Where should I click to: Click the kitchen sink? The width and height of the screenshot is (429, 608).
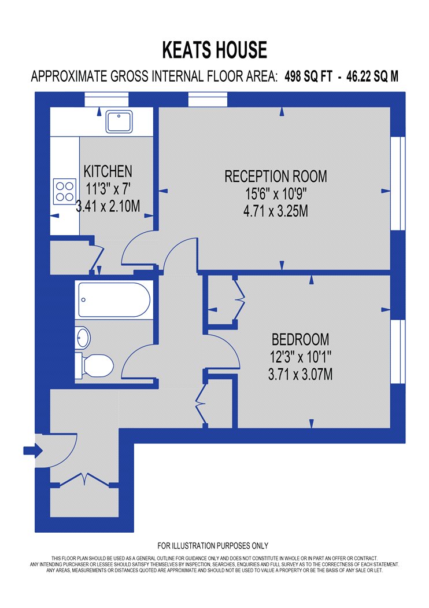pos(119,122)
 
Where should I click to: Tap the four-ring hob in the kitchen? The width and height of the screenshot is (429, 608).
pos(65,191)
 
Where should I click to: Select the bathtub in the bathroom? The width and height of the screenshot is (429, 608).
pos(114,300)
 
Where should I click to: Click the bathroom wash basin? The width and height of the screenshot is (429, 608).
pos(83,338)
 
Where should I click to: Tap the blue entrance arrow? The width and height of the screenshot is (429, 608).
pos(34,450)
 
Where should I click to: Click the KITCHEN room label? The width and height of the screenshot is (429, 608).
pos(108,171)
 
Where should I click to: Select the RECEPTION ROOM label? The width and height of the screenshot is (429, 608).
pos(276,177)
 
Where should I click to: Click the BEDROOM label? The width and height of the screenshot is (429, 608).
pos(301,340)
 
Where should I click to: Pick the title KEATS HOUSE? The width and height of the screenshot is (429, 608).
pos(214,50)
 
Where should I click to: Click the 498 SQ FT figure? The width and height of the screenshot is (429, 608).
pos(309,76)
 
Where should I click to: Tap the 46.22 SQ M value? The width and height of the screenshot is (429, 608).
pos(372,76)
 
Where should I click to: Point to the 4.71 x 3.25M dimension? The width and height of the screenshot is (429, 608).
pos(276,211)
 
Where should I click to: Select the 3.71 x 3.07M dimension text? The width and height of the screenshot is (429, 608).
pos(301,375)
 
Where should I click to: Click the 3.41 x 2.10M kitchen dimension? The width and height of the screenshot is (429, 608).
pos(108,206)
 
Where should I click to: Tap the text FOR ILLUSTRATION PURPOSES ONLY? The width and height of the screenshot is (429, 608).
pos(213,546)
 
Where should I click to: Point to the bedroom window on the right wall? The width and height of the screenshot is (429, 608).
pos(398,351)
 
